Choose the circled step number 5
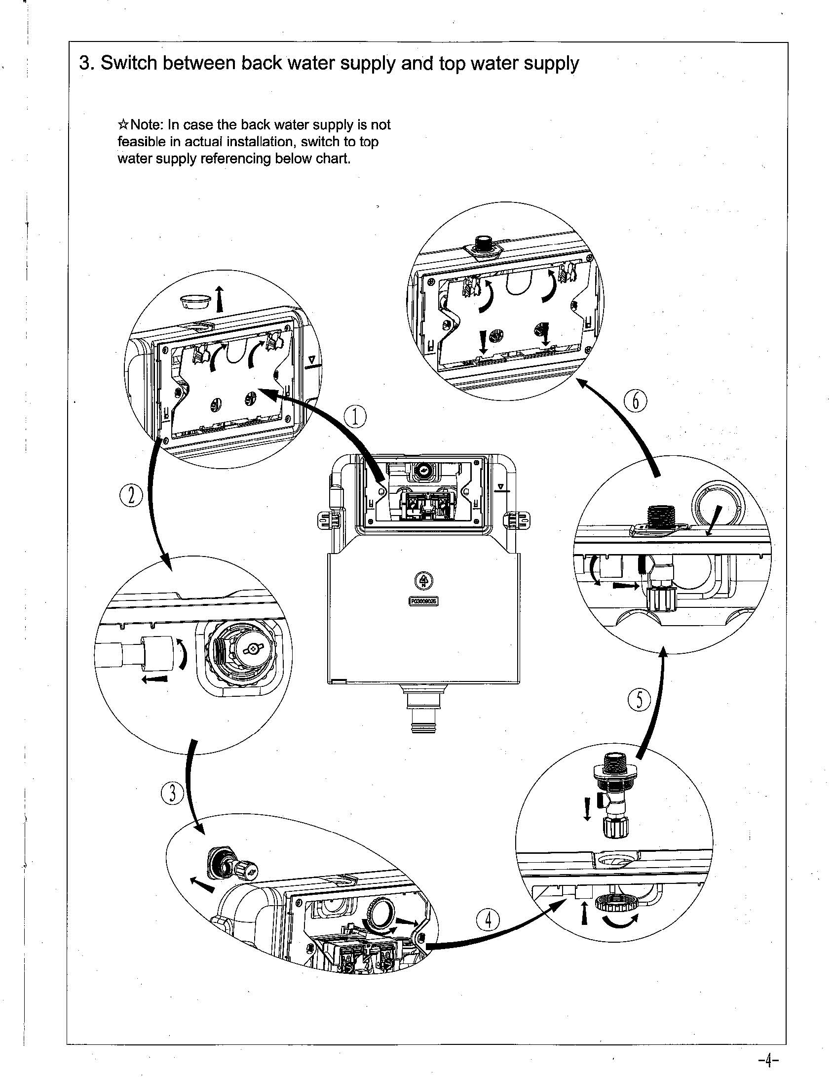[x=639, y=700]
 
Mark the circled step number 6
[x=636, y=400]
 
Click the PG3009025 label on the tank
[x=424, y=601]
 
